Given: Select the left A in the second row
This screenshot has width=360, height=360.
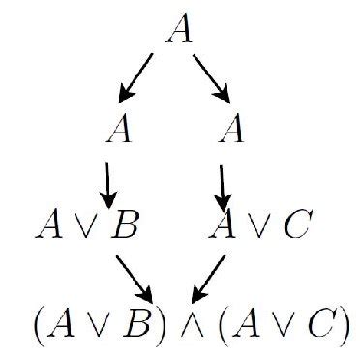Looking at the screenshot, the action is click(x=122, y=129).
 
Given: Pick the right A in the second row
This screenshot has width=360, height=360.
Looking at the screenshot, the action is click(x=229, y=129).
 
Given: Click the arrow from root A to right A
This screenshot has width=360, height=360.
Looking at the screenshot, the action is click(x=213, y=78).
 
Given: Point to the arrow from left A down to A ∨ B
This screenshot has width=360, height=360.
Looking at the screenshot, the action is click(x=106, y=178).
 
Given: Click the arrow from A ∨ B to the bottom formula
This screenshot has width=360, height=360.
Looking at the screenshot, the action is click(x=135, y=276).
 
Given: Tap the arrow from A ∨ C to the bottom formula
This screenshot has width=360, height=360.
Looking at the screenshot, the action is click(x=210, y=276).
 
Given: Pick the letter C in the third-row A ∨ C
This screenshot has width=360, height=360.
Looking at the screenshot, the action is click(x=296, y=228).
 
